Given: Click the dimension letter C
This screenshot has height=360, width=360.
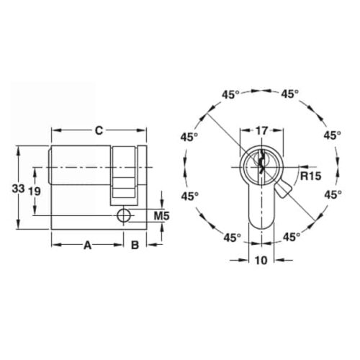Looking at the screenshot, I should point(99,130).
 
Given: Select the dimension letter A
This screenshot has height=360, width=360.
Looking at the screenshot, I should point(87,245).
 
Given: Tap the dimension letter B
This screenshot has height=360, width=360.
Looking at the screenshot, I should point(134,245).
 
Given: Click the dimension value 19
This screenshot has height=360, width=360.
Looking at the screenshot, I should point(33,191).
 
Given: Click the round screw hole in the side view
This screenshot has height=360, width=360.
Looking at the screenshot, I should point(124,215).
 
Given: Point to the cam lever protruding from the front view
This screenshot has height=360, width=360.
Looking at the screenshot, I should point(282,189).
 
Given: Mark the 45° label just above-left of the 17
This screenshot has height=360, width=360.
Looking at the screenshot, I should point(231,94).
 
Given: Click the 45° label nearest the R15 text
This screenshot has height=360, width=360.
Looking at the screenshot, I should point(331,195).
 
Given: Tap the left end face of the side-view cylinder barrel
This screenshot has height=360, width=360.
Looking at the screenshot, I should point(50,166).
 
